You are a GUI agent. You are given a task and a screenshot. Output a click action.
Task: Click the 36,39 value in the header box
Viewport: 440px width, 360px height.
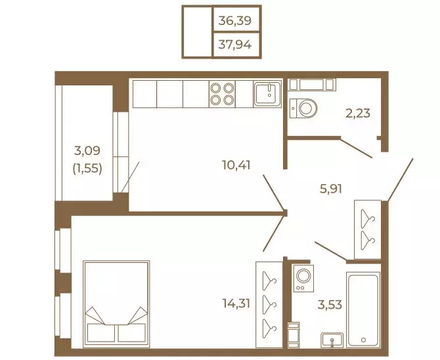tap(235, 20)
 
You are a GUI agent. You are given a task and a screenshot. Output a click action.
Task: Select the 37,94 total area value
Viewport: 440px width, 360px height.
tap(235, 45)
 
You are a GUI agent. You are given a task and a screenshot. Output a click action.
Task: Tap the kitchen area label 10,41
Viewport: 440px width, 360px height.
tap(236, 165)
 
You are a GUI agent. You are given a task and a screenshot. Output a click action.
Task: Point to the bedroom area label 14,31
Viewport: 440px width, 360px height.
tap(236, 304)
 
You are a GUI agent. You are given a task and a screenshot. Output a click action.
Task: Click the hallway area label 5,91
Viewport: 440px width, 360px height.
tap(331, 189)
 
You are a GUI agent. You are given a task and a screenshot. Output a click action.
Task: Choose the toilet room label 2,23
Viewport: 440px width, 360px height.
tap(358, 113)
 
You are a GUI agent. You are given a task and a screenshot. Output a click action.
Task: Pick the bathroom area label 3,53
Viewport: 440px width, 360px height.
tap(330, 304)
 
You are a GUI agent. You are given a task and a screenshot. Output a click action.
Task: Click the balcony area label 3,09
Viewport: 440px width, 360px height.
tap(87, 151)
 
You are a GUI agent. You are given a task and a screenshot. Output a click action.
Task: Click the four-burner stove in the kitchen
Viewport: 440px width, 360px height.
tap(222, 94)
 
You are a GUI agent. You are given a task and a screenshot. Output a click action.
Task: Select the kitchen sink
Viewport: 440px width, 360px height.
tap(267, 94)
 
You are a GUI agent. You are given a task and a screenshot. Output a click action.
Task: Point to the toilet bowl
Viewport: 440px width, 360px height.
tap(303, 108)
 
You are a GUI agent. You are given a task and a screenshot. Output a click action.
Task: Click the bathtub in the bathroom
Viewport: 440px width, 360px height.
tap(363, 309)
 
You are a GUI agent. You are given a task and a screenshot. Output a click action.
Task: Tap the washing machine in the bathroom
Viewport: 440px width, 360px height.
tap(303, 278)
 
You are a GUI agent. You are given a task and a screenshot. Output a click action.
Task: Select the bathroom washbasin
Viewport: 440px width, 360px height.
tap(332, 340)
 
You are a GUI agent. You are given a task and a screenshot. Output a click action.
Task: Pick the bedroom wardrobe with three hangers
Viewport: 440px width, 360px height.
tap(269, 305)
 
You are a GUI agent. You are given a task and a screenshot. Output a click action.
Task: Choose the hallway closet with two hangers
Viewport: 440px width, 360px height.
tap(368, 229)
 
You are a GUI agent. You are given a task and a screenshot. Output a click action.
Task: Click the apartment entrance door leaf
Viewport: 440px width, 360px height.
tap(400, 180)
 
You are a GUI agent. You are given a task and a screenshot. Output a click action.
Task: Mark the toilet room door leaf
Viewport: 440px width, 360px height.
tap(357, 148)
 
